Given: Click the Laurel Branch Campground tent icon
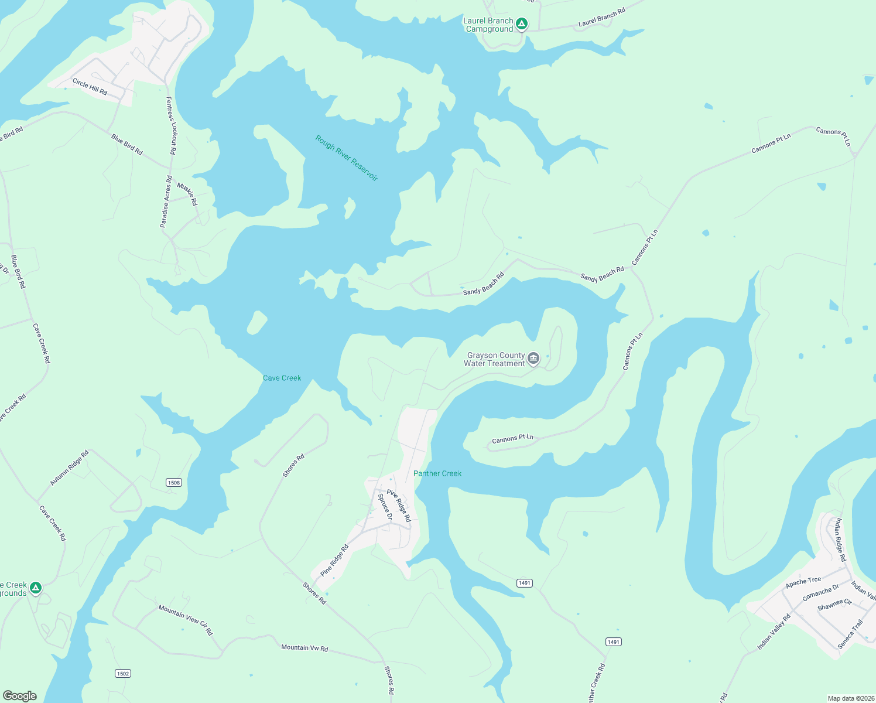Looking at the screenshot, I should point(522,24).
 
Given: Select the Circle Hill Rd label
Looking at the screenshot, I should point(90,87).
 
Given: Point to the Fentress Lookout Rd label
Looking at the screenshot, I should point(171,125).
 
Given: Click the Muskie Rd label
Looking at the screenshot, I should point(187,194).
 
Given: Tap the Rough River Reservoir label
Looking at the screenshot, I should point(347,158).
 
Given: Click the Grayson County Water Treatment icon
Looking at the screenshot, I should point(533,359).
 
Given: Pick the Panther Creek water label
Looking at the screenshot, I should point(437,473).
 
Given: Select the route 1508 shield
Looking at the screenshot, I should point(174,482).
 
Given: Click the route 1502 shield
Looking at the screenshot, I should point(122,673).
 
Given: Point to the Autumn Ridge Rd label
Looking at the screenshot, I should point(69,467).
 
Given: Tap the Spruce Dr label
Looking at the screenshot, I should point(385,507).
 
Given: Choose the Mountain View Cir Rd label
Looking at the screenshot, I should point(185,620).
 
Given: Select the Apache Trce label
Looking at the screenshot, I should point(803,582).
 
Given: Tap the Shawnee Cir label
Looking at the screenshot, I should point(834,605).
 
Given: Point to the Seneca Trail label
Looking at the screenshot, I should point(850,634).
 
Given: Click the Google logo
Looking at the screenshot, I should point(20,695).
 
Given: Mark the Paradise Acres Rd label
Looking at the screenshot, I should point(166,202).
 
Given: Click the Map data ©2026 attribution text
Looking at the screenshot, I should point(850,698).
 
